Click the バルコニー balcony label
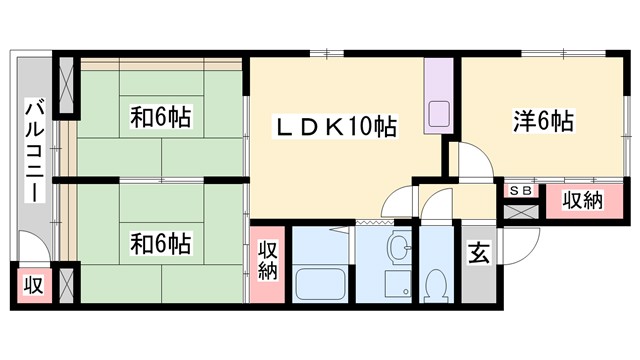tap(33, 150)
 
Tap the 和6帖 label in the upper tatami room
tap(160, 118)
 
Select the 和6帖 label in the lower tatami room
tap(160, 242)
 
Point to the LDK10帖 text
tap(337, 126)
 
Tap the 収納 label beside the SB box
tap(581, 200)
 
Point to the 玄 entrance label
tap(478, 254)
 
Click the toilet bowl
tap(436, 285)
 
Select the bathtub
tap(318, 284)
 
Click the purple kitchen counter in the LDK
tap(439, 96)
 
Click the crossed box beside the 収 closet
tap(68, 282)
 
